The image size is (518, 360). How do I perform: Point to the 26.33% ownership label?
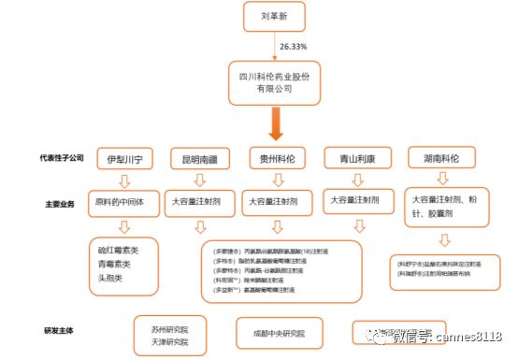(293, 45)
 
